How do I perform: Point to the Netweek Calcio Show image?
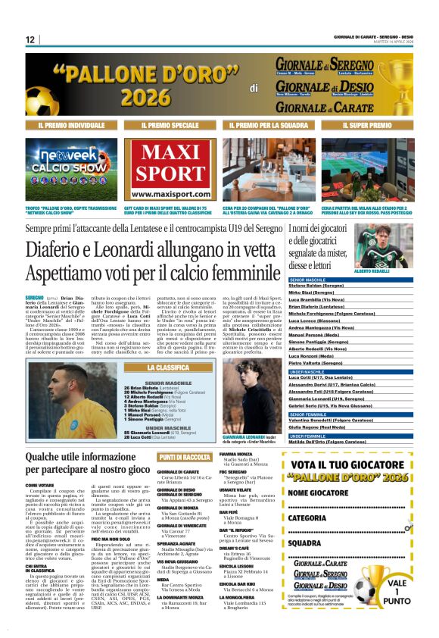click(72, 169)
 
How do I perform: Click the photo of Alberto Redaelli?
click(392, 246)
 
